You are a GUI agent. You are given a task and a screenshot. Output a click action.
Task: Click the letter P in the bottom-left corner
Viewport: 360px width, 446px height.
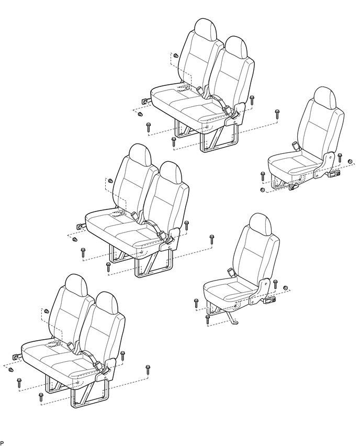coord(2,443)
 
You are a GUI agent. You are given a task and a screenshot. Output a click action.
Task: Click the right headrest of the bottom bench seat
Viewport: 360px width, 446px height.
coord(107,303)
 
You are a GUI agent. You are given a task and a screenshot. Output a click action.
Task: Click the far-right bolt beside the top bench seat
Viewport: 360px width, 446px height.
coord(277,113)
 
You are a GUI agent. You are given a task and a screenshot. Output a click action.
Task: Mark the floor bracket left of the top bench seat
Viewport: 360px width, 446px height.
coord(144,101)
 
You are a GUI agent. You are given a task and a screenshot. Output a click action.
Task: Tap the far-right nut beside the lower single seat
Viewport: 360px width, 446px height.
coord(286,288)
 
